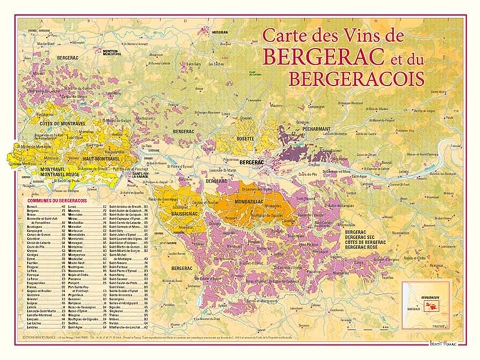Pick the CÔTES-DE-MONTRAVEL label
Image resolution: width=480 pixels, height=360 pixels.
[x=60, y=123]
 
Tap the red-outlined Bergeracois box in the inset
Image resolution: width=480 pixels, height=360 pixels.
[x=431, y=306]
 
